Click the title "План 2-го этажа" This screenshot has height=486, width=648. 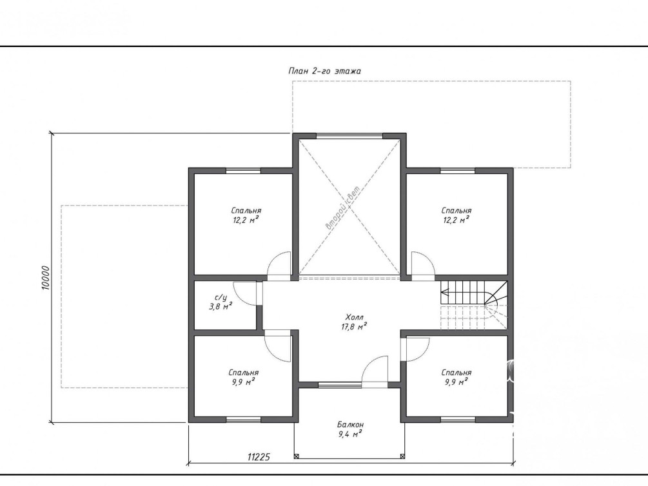pyautogui.click(x=324, y=71)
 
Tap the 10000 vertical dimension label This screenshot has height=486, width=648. pyautogui.click(x=46, y=278)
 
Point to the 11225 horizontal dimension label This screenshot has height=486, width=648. pyautogui.click(x=259, y=456)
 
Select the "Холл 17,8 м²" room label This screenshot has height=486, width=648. pyautogui.click(x=355, y=322)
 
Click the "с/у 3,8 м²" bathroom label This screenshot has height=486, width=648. pyautogui.click(x=221, y=302)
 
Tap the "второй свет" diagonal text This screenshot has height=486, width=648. pyautogui.click(x=343, y=206)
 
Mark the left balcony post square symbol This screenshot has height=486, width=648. pyautogui.click(x=297, y=456)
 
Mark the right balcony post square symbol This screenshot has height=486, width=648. pyautogui.click(x=402, y=456)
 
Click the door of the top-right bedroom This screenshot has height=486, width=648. pyautogui.click(x=423, y=266)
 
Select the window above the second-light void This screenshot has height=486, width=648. pyautogui.click(x=349, y=135)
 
